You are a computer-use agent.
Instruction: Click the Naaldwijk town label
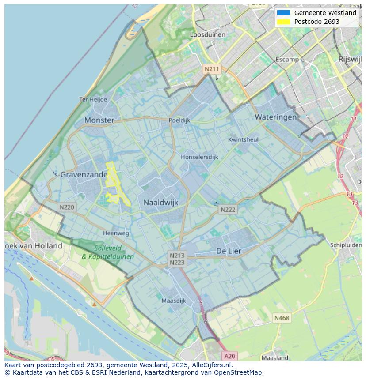[160, 203]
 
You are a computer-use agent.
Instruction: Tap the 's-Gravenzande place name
[80, 174]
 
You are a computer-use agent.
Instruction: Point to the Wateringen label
[275, 117]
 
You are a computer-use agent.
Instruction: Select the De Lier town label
[229, 251]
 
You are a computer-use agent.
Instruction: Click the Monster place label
[99, 120]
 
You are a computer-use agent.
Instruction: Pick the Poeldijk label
[179, 120]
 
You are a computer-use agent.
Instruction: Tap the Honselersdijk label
[199, 157]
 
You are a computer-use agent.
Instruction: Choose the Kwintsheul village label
[243, 139]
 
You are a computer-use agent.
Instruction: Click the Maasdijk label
[174, 301]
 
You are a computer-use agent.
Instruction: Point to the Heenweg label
[116, 233]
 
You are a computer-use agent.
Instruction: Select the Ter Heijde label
[93, 99]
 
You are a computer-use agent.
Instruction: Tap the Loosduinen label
[207, 34]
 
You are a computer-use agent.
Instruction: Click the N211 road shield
[211, 69]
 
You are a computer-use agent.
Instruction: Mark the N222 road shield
[228, 210]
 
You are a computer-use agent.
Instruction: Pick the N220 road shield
[67, 207]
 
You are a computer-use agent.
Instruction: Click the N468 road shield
[282, 318]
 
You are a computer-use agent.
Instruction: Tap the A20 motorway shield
[229, 356]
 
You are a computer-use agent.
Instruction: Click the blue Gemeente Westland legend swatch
[283, 13]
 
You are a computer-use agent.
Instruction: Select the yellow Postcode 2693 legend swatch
[283, 22]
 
